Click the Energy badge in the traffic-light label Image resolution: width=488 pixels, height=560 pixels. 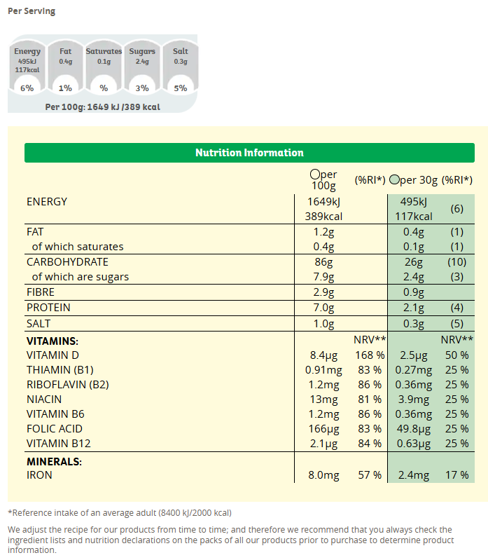pyautogui.click(x=27, y=69)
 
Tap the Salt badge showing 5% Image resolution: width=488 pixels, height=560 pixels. pyautogui.click(x=181, y=69)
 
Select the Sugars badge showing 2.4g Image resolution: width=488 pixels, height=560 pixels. pyautogui.click(x=142, y=69)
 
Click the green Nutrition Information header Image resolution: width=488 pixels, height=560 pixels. pyautogui.click(x=249, y=153)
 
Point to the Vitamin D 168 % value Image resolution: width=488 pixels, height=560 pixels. pyautogui.click(x=368, y=355)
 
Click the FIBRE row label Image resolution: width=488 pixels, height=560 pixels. pyautogui.click(x=41, y=292)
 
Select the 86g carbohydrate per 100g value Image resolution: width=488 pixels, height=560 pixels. pyautogui.click(x=323, y=262)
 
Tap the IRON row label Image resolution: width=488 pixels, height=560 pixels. pyautogui.click(x=39, y=475)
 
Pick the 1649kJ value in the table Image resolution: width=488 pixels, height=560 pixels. pyautogui.click(x=322, y=202)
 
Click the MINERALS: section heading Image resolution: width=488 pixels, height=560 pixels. pyautogui.click(x=54, y=462)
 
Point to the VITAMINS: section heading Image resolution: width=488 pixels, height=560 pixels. pyautogui.click(x=53, y=341)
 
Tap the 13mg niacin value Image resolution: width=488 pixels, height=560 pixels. pyautogui.click(x=323, y=399)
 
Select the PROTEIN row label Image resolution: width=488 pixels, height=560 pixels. pyautogui.click(x=48, y=308)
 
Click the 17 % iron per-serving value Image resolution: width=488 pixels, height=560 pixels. pyautogui.click(x=456, y=475)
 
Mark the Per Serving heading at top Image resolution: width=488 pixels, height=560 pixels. pyautogui.click(x=32, y=11)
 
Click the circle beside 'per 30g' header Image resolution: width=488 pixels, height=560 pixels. pyautogui.click(x=395, y=180)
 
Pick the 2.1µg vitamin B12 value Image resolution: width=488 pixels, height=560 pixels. pyautogui.click(x=323, y=444)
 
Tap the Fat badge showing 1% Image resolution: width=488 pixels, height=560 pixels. pyautogui.click(x=65, y=69)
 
